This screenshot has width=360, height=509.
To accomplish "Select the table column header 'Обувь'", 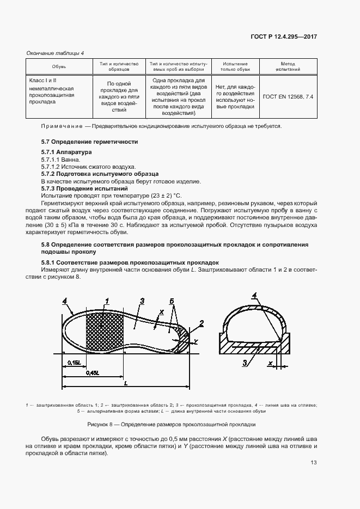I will pyautogui.click(x=59, y=67).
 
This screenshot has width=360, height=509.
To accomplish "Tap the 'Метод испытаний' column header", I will pyautogui.click(x=288, y=67).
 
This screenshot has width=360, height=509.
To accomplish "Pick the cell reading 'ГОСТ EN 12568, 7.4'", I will pyautogui.click(x=288, y=96).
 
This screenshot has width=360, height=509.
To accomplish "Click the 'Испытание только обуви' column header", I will pyautogui.click(x=235, y=67).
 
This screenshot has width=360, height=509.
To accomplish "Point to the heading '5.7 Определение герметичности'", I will pyautogui.click(x=90, y=142).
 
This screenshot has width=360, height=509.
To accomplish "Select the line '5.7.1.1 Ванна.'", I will pyautogui.click(x=60, y=160).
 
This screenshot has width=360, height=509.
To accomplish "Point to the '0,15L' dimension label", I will pyautogui.click(x=74, y=362).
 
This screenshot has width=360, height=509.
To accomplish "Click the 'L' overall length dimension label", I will pyautogui.click(x=126, y=383).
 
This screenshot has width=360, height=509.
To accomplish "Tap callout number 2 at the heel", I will pyautogui.click(x=202, y=323).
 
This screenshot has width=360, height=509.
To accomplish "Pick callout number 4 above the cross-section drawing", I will pyautogui.click(x=254, y=296).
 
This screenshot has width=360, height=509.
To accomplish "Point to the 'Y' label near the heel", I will pyautogui.click(x=196, y=341).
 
